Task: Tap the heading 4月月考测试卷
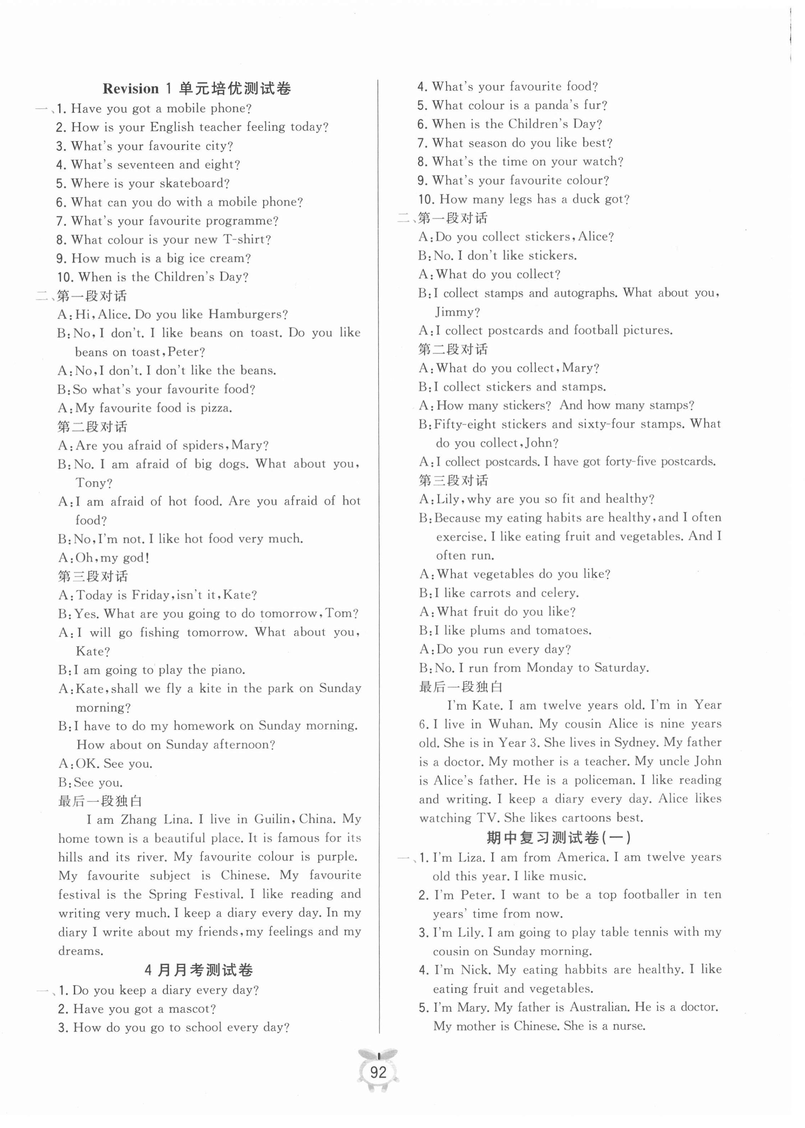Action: point(199,970)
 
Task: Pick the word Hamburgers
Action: point(248,314)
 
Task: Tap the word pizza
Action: point(216,408)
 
